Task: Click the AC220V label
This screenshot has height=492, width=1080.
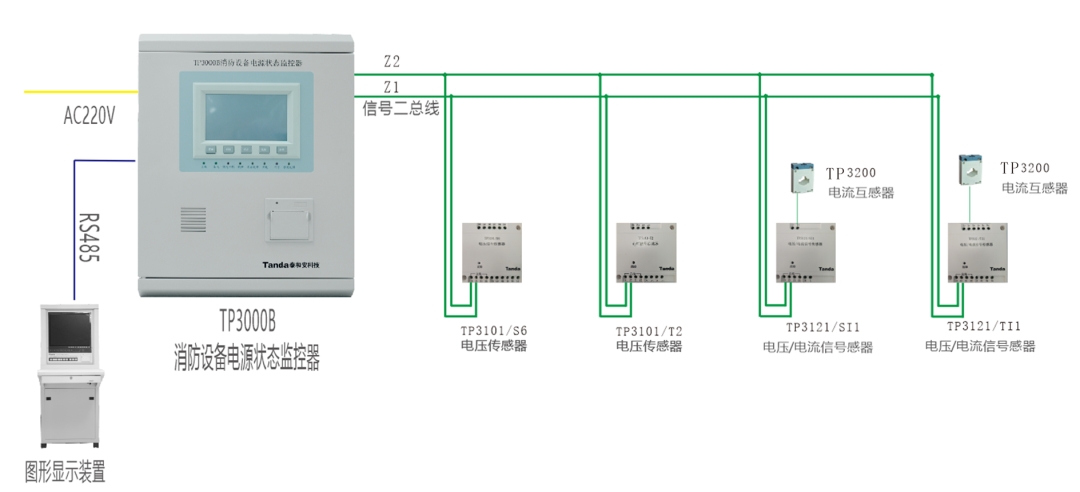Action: (90, 116)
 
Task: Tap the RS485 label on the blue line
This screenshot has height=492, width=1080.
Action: (89, 236)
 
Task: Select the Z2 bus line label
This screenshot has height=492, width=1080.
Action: (391, 62)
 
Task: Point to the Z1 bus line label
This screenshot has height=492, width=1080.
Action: (391, 86)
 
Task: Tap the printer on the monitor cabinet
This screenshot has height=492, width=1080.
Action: (289, 219)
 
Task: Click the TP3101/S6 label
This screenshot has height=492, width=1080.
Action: (493, 329)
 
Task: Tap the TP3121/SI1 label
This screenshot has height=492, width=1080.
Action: (823, 327)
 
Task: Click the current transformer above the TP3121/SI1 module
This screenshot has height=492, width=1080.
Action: (803, 177)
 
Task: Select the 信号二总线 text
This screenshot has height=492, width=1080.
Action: (400, 109)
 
